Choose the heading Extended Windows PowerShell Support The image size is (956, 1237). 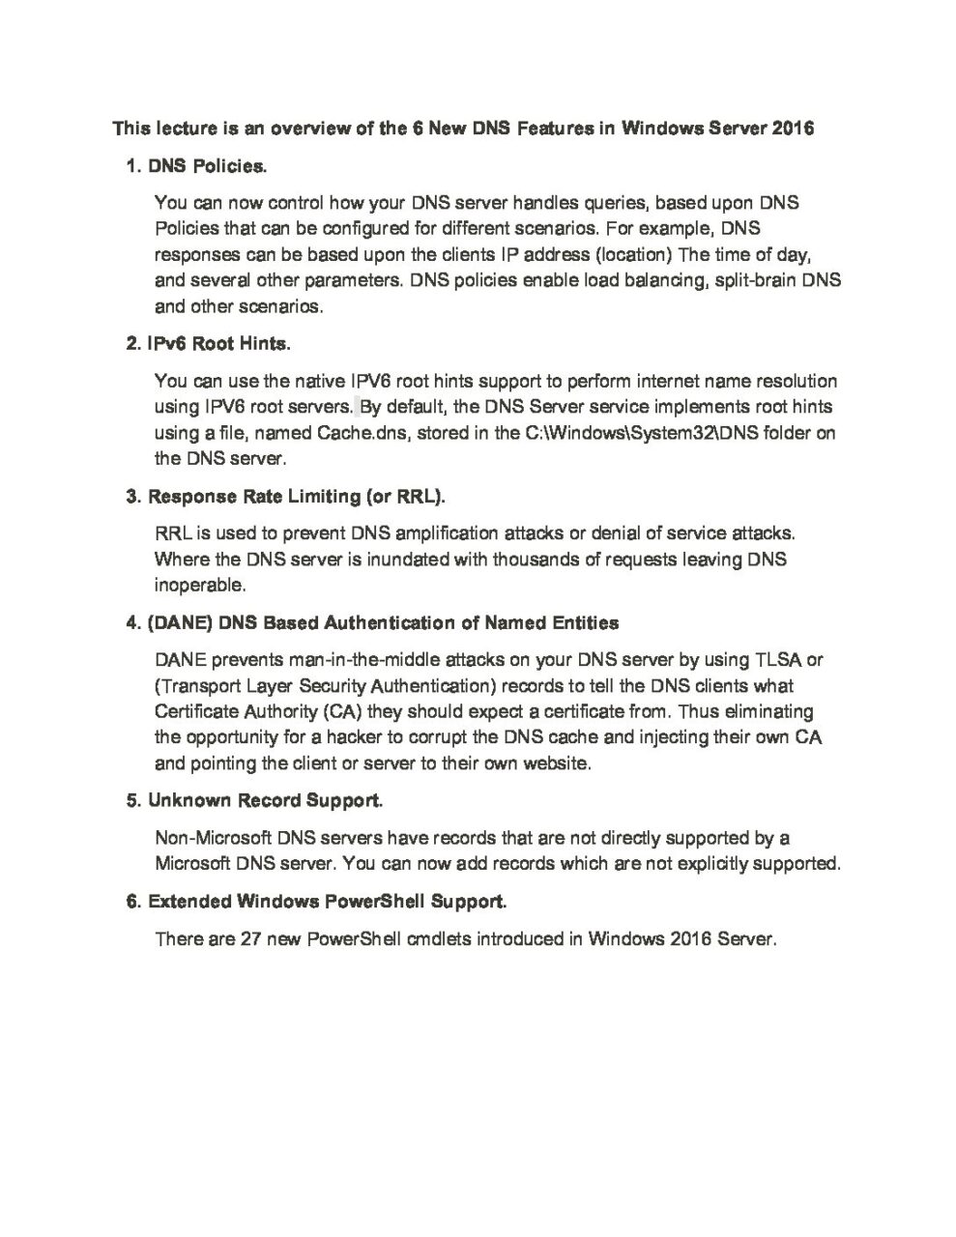[x=327, y=902]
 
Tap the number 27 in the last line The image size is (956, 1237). [x=250, y=938]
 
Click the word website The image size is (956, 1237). [x=556, y=762]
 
